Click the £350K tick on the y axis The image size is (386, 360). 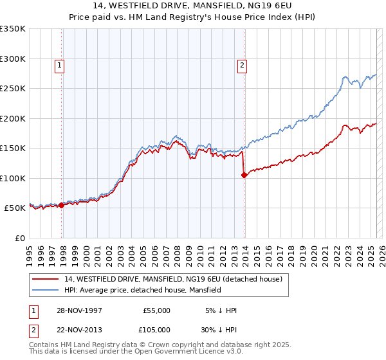coord(13,29)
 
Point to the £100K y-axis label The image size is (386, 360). coord(13,178)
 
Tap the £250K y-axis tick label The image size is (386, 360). coord(13,89)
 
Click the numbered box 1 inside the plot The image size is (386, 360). coord(59,64)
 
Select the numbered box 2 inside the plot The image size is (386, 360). coord(242,64)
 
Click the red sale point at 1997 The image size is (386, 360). coord(62,205)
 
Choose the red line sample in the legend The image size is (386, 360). coord(46,279)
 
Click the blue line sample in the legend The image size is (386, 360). coord(46,291)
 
